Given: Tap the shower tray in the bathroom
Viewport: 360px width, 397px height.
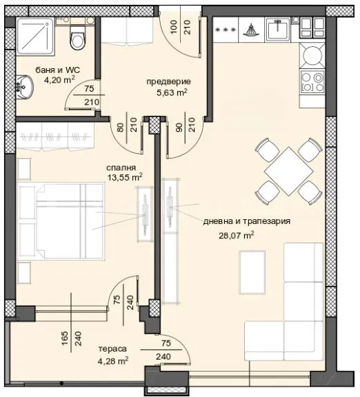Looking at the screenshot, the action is point(36,36).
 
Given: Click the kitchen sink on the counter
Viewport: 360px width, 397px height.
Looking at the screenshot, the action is point(277,29).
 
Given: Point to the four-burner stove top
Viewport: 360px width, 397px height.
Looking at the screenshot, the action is point(312,81).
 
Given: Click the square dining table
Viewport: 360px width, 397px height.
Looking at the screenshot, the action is point(288,172).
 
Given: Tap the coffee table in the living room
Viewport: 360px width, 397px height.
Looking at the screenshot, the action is point(252,273).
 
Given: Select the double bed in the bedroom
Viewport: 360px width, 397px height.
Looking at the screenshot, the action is point(61,222).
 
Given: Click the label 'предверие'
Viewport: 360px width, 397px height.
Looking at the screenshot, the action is point(169,81).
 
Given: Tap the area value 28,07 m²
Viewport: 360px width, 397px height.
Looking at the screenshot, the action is point(237,236).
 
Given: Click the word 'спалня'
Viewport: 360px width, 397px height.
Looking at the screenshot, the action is point(121,167).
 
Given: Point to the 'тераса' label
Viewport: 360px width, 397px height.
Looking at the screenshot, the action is point(112,349).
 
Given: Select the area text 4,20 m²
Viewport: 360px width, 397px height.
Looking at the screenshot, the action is point(59,80).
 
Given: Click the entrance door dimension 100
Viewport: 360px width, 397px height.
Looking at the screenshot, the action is point(173,28).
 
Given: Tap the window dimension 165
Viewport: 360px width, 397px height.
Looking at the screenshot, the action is point(65,338).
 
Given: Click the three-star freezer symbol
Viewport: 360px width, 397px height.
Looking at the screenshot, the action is point(226,30).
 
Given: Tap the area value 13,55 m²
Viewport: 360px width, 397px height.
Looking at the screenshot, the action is point(125,178).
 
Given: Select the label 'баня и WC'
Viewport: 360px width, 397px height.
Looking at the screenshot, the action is point(58,70).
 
